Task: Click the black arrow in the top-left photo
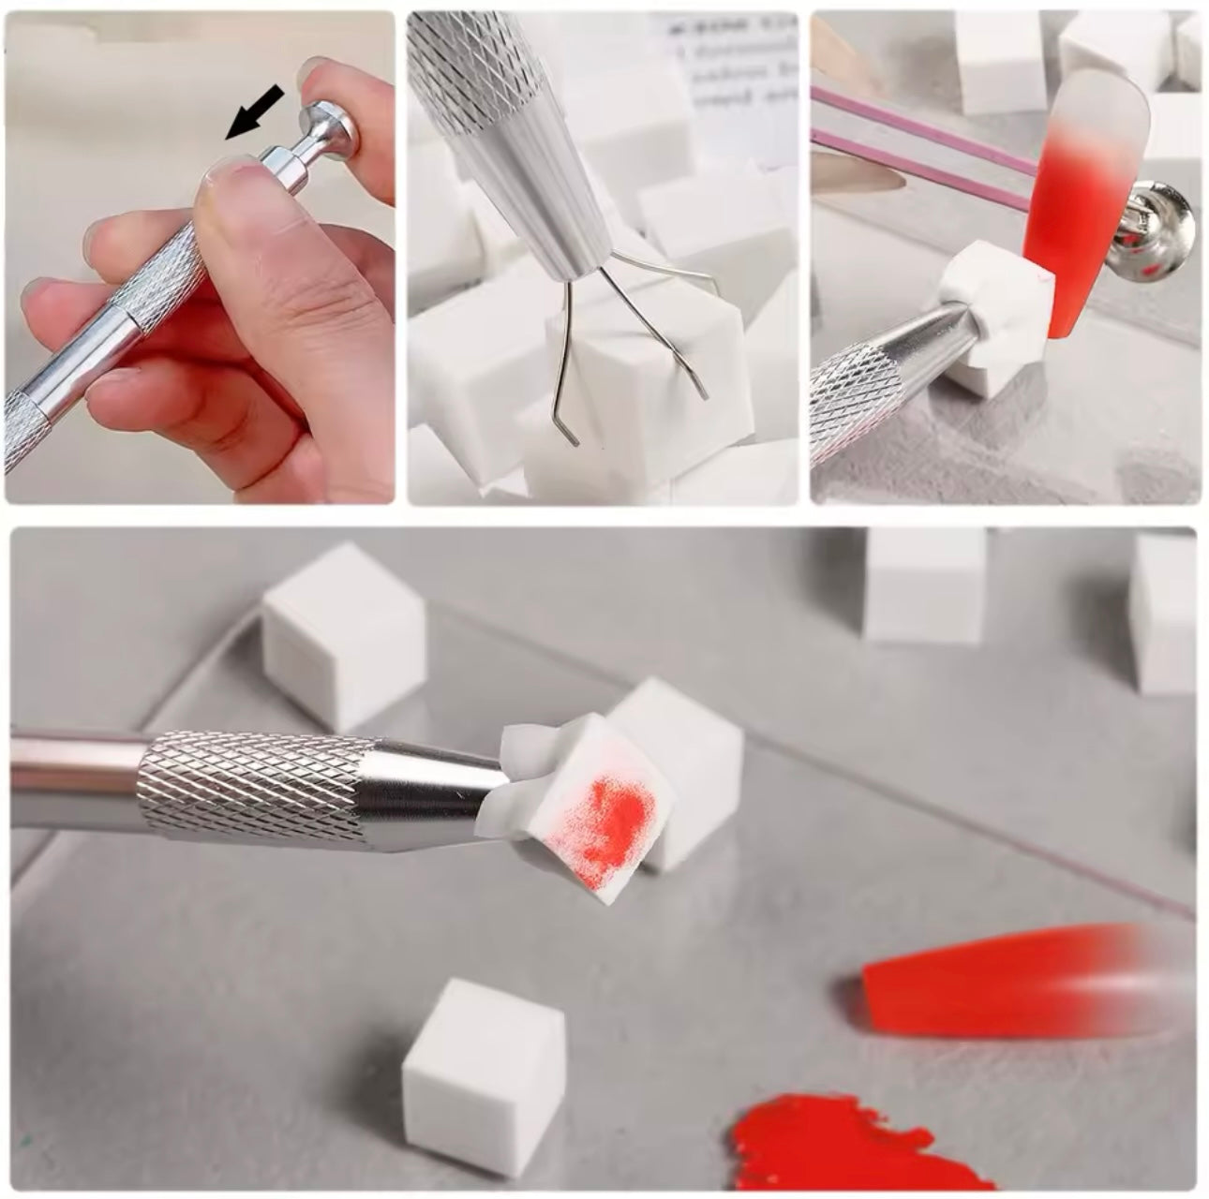[x=255, y=110]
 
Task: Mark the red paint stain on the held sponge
[x=604, y=824]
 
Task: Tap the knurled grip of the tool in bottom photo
[x=253, y=782]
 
